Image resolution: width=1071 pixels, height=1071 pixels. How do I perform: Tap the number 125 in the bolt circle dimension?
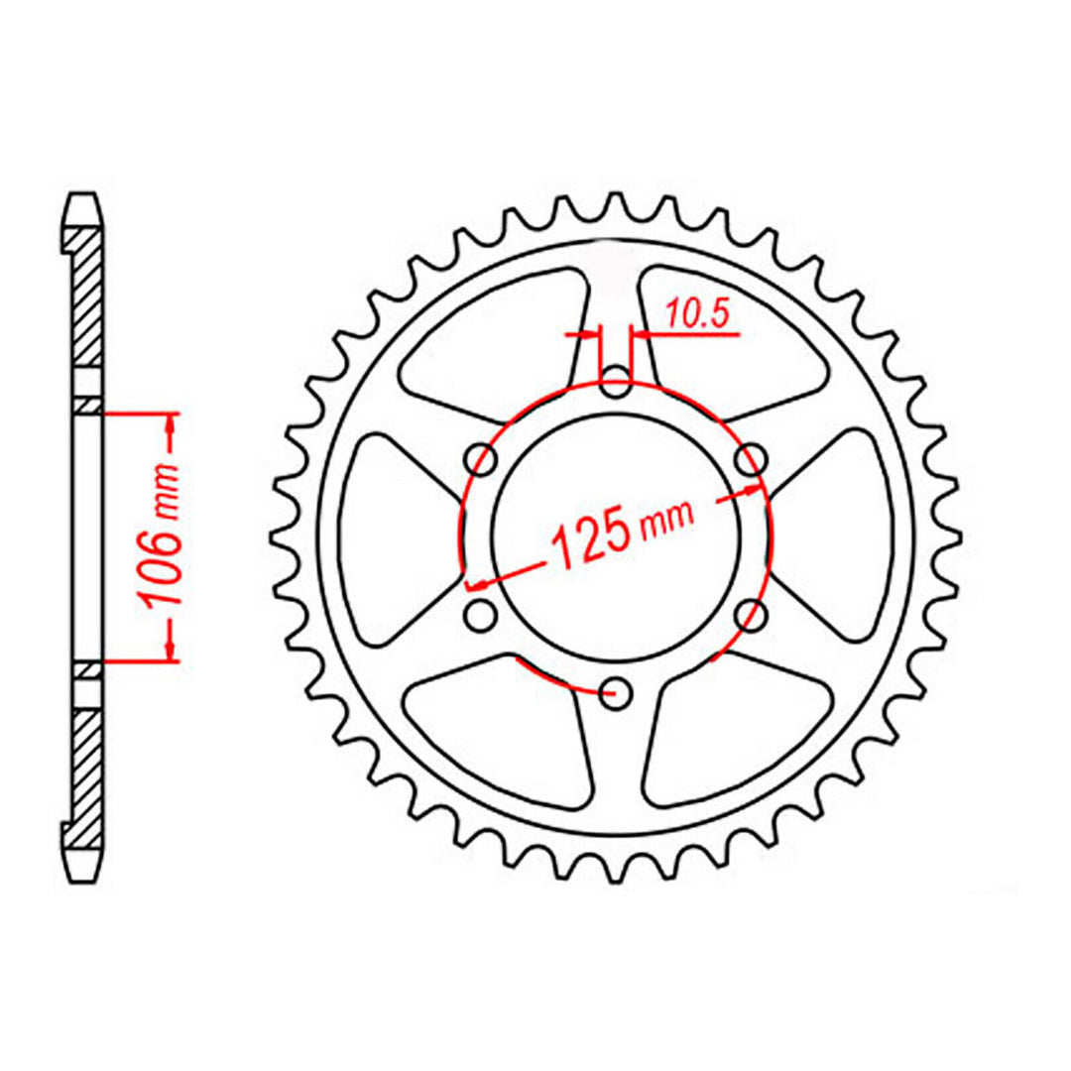coord(591,542)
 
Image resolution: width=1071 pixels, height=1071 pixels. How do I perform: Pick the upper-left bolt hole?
coord(483,459)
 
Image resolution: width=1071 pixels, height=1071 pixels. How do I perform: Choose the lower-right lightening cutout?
coord(739,729)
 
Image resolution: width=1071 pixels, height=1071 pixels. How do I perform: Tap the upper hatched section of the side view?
coord(87,297)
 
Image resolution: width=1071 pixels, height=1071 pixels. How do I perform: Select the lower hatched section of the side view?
coord(87,773)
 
